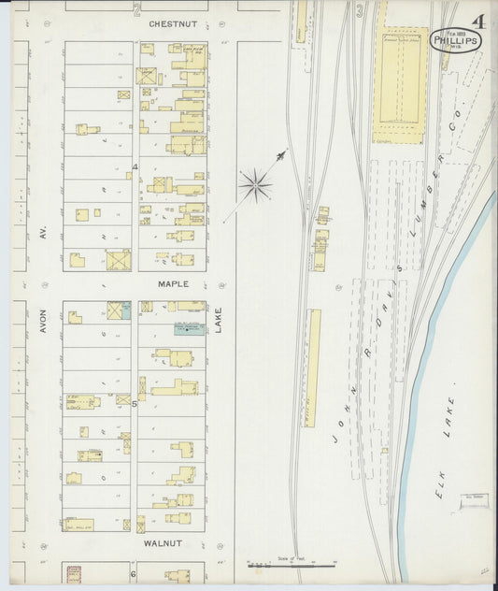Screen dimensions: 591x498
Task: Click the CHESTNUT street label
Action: pyautogui.click(x=172, y=22)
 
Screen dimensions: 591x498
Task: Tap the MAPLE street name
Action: pyautogui.click(x=173, y=283)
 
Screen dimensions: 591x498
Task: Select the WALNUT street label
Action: pyautogui.click(x=163, y=541)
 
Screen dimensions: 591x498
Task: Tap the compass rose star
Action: pyautogui.click(x=254, y=185)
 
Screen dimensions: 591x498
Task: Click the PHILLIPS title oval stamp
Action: pyautogui.click(x=456, y=40)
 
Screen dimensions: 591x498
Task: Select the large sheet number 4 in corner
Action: pyautogui.click(x=478, y=21)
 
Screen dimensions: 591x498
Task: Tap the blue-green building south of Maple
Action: pyautogui.click(x=189, y=327)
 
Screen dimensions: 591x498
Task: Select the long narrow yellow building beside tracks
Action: pyautogui.click(x=315, y=368)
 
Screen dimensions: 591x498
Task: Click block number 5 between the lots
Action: pyautogui.click(x=134, y=404)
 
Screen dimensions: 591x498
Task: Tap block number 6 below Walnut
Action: pyautogui.click(x=133, y=573)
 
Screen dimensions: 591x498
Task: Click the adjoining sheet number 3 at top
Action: pyautogui.click(x=360, y=10)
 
